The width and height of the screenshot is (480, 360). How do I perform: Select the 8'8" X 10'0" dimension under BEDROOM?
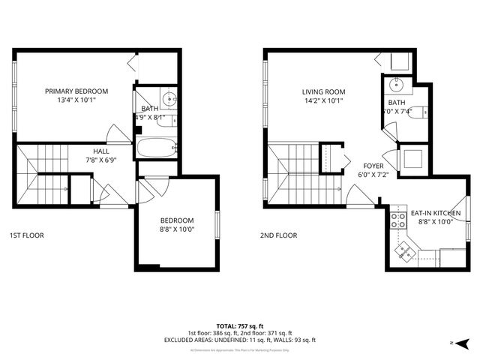[177, 229]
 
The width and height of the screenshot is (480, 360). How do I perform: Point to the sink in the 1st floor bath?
[169, 97]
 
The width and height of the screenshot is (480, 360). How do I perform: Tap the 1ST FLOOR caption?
[27, 235]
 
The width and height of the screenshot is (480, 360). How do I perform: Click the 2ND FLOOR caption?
[279, 235]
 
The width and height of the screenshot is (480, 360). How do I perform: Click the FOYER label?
[374, 166]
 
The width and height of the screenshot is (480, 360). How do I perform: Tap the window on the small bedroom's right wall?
[217, 223]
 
